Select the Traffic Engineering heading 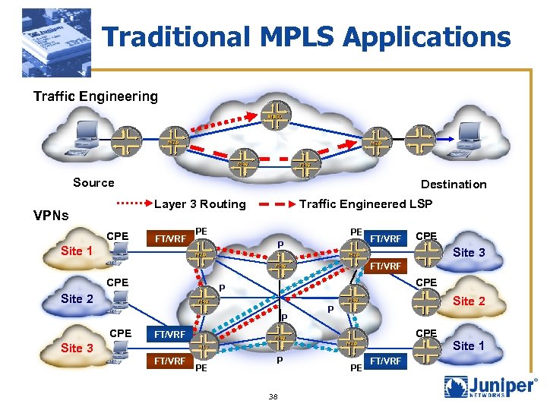[95, 96]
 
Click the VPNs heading [51, 215]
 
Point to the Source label [93, 182]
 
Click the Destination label [454, 184]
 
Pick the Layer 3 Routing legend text [200, 203]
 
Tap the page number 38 [273, 396]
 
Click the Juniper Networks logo [490, 387]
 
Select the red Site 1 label [77, 251]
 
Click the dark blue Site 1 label [469, 345]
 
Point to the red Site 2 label [469, 301]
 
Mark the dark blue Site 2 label [77, 298]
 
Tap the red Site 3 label [469, 252]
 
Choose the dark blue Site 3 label [77, 348]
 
